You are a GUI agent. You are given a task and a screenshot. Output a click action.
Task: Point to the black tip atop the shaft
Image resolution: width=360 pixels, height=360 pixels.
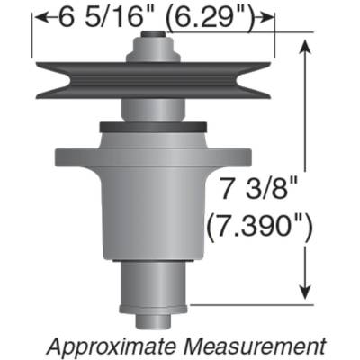click(154, 36)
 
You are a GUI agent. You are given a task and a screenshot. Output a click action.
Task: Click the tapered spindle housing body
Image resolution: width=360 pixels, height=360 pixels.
click(153, 207)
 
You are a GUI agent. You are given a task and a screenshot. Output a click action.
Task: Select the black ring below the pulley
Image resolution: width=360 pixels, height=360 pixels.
click(153, 126)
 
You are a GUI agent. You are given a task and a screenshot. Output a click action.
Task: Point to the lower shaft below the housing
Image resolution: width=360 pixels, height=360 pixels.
click(154, 283)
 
